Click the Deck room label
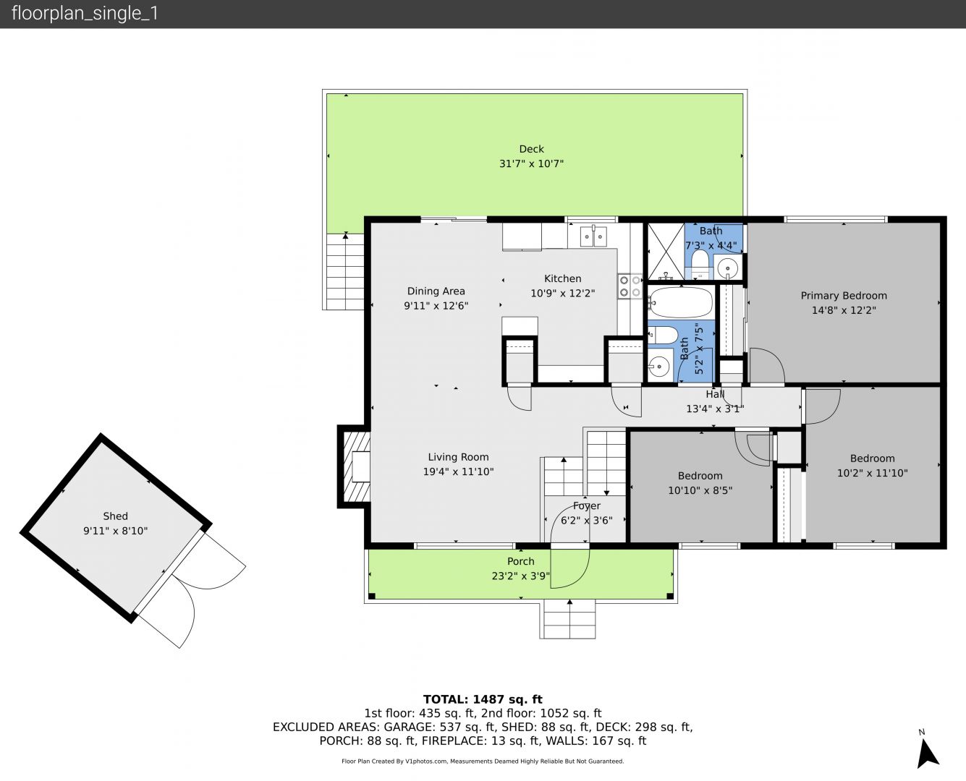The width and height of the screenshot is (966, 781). [x=531, y=149]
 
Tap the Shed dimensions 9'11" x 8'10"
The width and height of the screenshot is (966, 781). [x=115, y=531]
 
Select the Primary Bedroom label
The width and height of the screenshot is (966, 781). [x=844, y=296]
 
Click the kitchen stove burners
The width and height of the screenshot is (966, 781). [x=630, y=286]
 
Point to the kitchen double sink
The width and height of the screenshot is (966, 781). [x=593, y=236]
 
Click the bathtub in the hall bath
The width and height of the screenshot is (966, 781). [x=680, y=302]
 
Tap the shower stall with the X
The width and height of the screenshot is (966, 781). [x=665, y=252]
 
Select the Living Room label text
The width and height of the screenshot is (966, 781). [x=458, y=457]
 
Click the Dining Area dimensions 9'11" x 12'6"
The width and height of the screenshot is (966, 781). [x=436, y=306]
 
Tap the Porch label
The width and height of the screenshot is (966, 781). [x=521, y=561]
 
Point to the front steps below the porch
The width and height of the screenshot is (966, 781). [x=567, y=619]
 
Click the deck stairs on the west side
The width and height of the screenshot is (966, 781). [x=345, y=271]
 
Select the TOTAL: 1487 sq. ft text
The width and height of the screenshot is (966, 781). [x=483, y=699]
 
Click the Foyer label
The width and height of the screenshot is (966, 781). [x=586, y=506]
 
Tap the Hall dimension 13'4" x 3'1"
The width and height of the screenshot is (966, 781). [x=715, y=409]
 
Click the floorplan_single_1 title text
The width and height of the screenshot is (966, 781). [x=85, y=14]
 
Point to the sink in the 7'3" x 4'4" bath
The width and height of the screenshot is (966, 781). [x=727, y=266]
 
